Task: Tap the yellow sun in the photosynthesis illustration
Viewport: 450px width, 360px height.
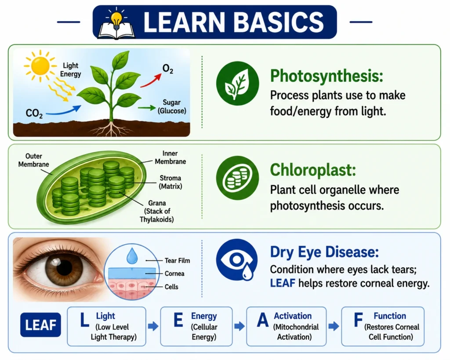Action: click(40, 66)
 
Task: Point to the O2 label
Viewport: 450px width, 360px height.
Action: click(168, 69)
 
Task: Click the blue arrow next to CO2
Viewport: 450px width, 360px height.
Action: click(64, 111)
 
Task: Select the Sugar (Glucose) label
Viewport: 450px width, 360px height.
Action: click(172, 106)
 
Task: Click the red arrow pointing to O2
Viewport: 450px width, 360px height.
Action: click(151, 80)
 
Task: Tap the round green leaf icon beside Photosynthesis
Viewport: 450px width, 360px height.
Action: click(237, 83)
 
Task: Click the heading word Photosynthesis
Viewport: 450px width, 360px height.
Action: click(327, 76)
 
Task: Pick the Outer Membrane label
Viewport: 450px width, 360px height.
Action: click(33, 160)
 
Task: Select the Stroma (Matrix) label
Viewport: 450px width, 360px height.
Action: click(171, 182)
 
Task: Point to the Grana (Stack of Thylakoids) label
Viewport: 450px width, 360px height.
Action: click(157, 211)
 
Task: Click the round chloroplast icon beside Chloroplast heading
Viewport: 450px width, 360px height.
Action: click(237, 178)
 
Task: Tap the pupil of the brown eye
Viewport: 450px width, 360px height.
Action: click(64, 269)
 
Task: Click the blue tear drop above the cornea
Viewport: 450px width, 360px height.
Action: click(132, 256)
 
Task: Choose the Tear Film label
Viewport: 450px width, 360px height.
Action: click(178, 261)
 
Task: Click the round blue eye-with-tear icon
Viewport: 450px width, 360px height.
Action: click(237, 260)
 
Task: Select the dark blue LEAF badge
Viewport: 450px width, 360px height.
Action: click(40, 325)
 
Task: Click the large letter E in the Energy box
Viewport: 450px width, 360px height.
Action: click(178, 320)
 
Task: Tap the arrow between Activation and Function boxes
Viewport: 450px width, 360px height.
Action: click(334, 326)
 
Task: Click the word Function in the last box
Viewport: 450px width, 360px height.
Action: click(390, 316)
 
